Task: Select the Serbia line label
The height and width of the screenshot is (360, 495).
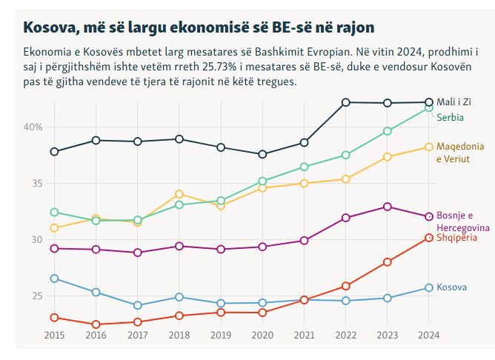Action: click(x=449, y=117)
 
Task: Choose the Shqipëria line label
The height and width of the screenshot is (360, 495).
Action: click(x=457, y=237)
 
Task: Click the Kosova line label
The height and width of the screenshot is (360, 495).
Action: click(x=451, y=287)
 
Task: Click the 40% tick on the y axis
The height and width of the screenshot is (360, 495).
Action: click(x=33, y=127)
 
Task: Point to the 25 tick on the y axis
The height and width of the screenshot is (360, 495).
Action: click(x=36, y=296)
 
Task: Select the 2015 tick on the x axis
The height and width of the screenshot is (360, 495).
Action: click(x=54, y=335)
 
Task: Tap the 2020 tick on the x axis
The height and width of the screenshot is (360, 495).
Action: click(x=262, y=335)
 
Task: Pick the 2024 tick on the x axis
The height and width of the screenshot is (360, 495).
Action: click(x=428, y=335)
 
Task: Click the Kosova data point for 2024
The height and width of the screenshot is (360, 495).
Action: click(x=428, y=287)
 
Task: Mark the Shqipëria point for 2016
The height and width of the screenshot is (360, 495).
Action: click(x=96, y=324)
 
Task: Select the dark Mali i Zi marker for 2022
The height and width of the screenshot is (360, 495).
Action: click(x=345, y=102)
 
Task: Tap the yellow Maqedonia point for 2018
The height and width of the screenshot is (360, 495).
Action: click(x=179, y=194)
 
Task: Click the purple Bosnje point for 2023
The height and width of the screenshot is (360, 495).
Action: click(x=387, y=207)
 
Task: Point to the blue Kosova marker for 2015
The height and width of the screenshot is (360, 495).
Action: click(x=54, y=279)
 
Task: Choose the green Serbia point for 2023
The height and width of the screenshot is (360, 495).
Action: click(x=387, y=131)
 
